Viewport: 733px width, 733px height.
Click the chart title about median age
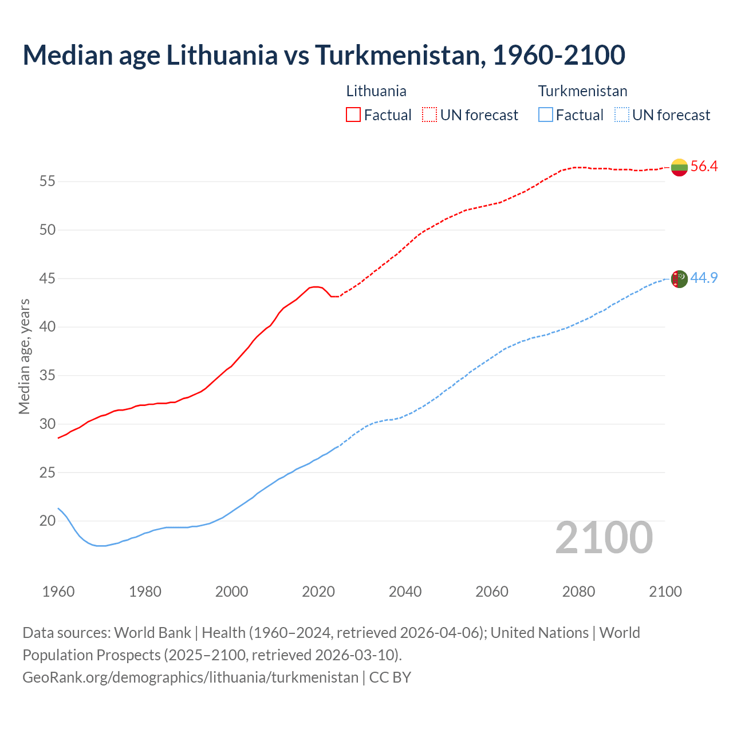click(x=324, y=55)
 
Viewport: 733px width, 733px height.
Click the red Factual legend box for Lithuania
click(x=353, y=115)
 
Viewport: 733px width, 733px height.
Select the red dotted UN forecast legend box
click(x=429, y=115)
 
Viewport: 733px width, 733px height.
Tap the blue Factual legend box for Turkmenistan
click(x=546, y=115)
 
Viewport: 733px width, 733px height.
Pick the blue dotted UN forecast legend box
click(x=621, y=115)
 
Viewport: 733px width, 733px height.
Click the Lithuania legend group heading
click(x=376, y=91)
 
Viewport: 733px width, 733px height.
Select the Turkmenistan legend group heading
click(x=582, y=91)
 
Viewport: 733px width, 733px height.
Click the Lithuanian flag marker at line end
click(x=679, y=167)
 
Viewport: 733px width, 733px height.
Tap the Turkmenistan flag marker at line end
click(x=679, y=279)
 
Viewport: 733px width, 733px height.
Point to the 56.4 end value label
click(x=704, y=167)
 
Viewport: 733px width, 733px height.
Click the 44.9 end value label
click(x=704, y=278)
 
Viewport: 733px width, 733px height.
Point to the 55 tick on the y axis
click(x=47, y=182)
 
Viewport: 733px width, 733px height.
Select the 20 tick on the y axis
click(x=47, y=521)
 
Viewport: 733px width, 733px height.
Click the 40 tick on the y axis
click(x=47, y=327)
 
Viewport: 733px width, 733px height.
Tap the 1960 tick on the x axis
click(x=58, y=592)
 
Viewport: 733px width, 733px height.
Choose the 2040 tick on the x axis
click(x=405, y=592)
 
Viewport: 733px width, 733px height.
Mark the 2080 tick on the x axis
click(x=578, y=592)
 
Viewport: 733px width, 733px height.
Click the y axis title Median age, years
click(x=24, y=356)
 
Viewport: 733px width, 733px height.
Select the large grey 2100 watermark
click(x=604, y=537)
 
